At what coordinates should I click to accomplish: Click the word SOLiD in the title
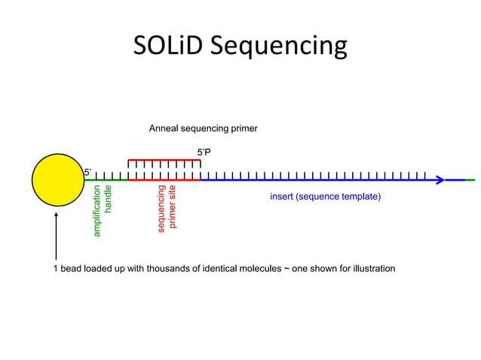167,46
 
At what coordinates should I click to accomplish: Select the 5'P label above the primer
204,152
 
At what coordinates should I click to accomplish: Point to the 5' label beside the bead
87,172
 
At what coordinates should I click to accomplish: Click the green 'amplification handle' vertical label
102,211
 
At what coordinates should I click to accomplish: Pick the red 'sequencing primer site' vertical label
167,207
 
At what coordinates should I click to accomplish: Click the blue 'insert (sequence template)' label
325,197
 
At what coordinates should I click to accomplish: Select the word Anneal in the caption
164,129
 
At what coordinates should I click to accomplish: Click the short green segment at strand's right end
469,180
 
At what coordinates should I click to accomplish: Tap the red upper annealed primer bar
164,160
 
